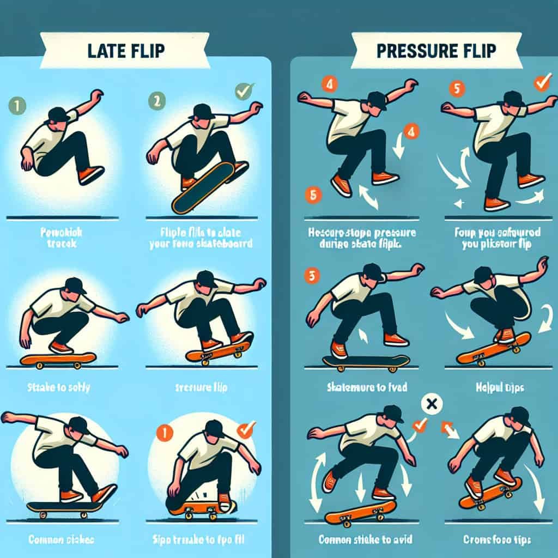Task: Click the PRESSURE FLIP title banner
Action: click(435, 50)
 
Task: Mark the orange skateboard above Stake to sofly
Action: click(58, 359)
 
